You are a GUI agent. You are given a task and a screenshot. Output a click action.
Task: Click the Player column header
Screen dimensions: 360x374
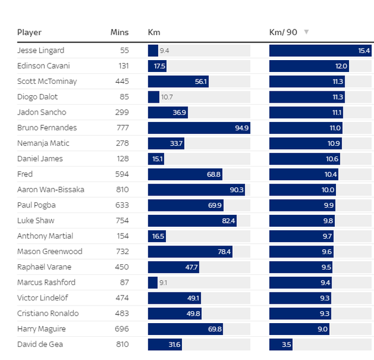pyautogui.click(x=29, y=32)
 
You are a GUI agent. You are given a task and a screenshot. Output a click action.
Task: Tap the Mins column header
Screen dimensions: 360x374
pyautogui.click(x=119, y=32)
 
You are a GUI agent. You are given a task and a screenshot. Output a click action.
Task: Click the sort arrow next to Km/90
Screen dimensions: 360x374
pyautogui.click(x=307, y=32)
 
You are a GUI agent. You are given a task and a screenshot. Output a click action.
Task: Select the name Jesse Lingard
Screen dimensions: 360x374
pyautogui.click(x=41, y=50)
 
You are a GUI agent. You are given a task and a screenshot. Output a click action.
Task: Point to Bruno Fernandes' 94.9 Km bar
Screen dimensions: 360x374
pyautogui.click(x=198, y=128)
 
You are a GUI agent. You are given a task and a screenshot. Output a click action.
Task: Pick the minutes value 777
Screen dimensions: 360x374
pyautogui.click(x=122, y=128)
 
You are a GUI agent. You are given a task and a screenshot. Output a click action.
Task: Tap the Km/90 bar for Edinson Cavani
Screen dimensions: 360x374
pyautogui.click(x=308, y=66)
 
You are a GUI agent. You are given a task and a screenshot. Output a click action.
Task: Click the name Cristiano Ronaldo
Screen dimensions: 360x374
pyautogui.click(x=48, y=314)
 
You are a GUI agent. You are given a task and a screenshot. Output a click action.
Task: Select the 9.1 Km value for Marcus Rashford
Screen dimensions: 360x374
pyautogui.click(x=164, y=282)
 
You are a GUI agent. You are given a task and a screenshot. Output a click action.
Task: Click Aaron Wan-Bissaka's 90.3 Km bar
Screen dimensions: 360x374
pyautogui.click(x=196, y=189)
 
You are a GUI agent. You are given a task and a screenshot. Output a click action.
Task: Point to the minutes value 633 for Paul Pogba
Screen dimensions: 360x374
pyautogui.click(x=122, y=205)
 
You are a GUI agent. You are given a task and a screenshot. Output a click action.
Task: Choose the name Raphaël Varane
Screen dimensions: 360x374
pyautogui.click(x=44, y=267)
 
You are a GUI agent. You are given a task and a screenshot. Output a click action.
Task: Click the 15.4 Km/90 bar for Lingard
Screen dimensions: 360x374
pyautogui.click(x=320, y=50)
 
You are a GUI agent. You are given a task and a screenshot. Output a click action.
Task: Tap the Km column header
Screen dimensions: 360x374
pyautogui.click(x=154, y=32)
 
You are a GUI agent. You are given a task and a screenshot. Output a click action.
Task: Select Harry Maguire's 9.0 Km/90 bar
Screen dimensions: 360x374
pyautogui.click(x=299, y=329)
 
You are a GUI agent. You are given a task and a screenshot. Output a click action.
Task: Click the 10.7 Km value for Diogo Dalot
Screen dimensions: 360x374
pyautogui.click(x=167, y=97)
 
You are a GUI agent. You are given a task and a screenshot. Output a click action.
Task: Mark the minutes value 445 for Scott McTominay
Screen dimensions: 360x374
pyautogui.click(x=122, y=81)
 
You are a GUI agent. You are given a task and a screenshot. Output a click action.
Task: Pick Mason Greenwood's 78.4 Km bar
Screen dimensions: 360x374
pyautogui.click(x=190, y=251)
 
